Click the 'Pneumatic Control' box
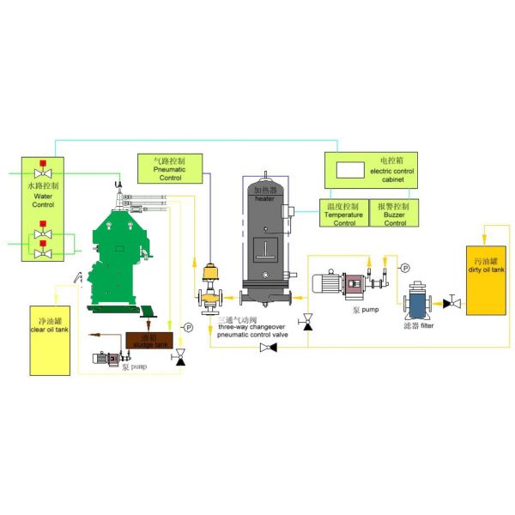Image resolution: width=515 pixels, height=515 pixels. [168, 169]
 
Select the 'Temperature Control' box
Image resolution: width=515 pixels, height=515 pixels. [344, 215]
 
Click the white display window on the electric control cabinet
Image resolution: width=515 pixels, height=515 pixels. [349, 170]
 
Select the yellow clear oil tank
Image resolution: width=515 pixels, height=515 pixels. [49, 338]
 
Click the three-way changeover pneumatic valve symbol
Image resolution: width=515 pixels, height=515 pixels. [209, 295]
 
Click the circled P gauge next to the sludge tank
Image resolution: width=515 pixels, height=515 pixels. [188, 327]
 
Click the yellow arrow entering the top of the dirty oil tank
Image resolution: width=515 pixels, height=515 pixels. [486, 233]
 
